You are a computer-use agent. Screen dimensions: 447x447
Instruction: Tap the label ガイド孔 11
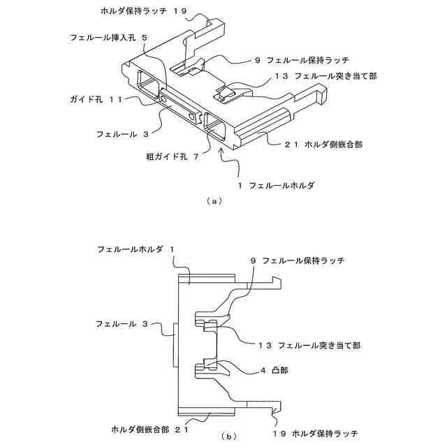click(96, 100)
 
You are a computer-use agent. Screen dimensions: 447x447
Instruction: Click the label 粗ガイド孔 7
click(167, 159)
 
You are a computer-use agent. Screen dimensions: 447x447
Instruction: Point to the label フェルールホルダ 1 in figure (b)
click(136, 249)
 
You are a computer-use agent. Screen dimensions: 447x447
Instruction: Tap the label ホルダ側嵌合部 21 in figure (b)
click(150, 427)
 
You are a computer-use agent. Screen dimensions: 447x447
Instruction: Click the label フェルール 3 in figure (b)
click(122, 324)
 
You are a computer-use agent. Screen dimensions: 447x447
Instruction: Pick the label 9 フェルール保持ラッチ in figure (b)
click(298, 261)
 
